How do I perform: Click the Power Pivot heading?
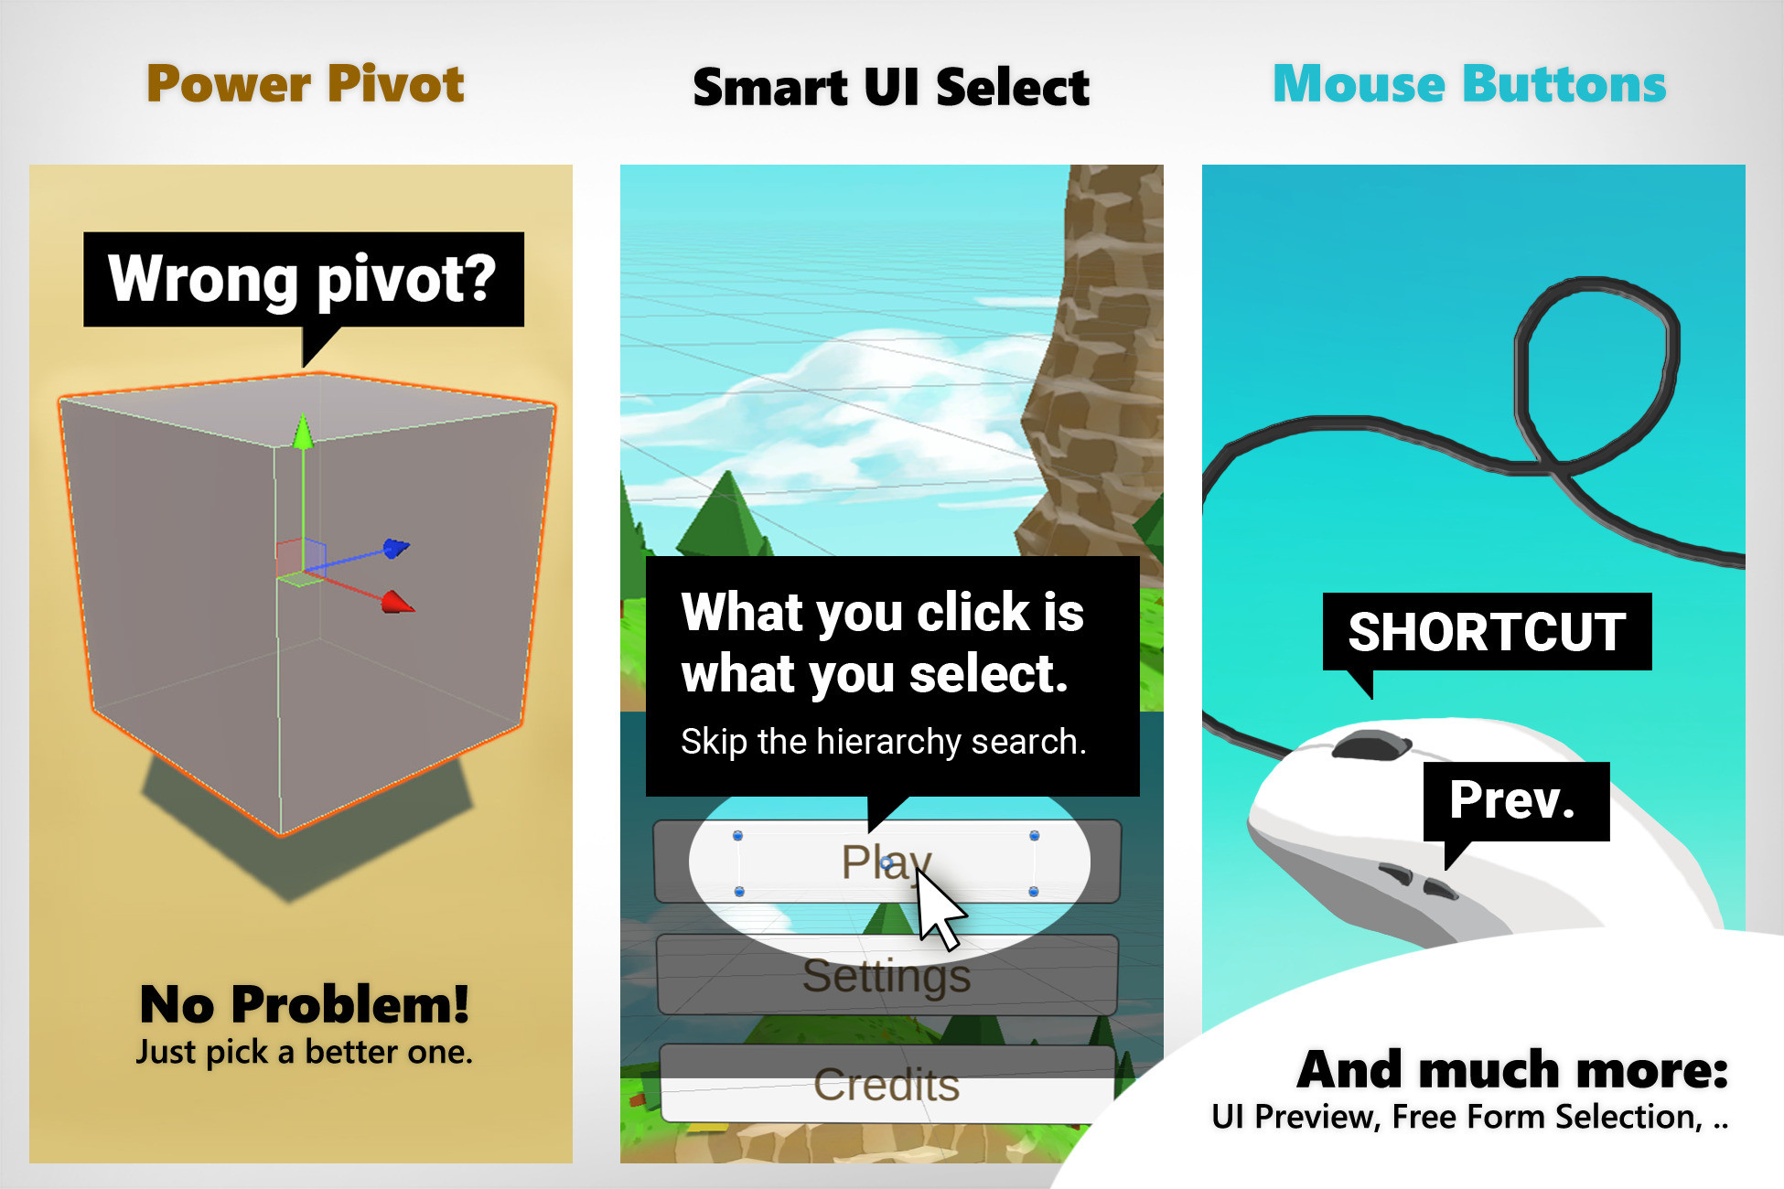tap(306, 84)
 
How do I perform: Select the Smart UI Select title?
tap(891, 88)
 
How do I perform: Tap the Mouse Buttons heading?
tap(1469, 84)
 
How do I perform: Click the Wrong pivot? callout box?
tap(304, 279)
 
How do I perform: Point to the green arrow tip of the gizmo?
tap(303, 431)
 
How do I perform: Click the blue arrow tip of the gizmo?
tap(396, 548)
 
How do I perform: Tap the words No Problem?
tap(305, 1004)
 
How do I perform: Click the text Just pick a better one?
tap(305, 1052)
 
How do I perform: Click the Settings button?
tap(886, 976)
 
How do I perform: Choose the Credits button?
tap(886, 1086)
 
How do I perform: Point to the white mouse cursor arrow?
tap(937, 905)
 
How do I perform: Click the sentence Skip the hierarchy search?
tap(883, 742)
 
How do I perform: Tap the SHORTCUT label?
tap(1487, 632)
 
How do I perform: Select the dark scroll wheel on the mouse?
tap(1370, 744)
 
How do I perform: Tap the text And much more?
tap(1512, 1069)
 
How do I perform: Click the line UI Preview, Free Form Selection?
tap(1469, 1117)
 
